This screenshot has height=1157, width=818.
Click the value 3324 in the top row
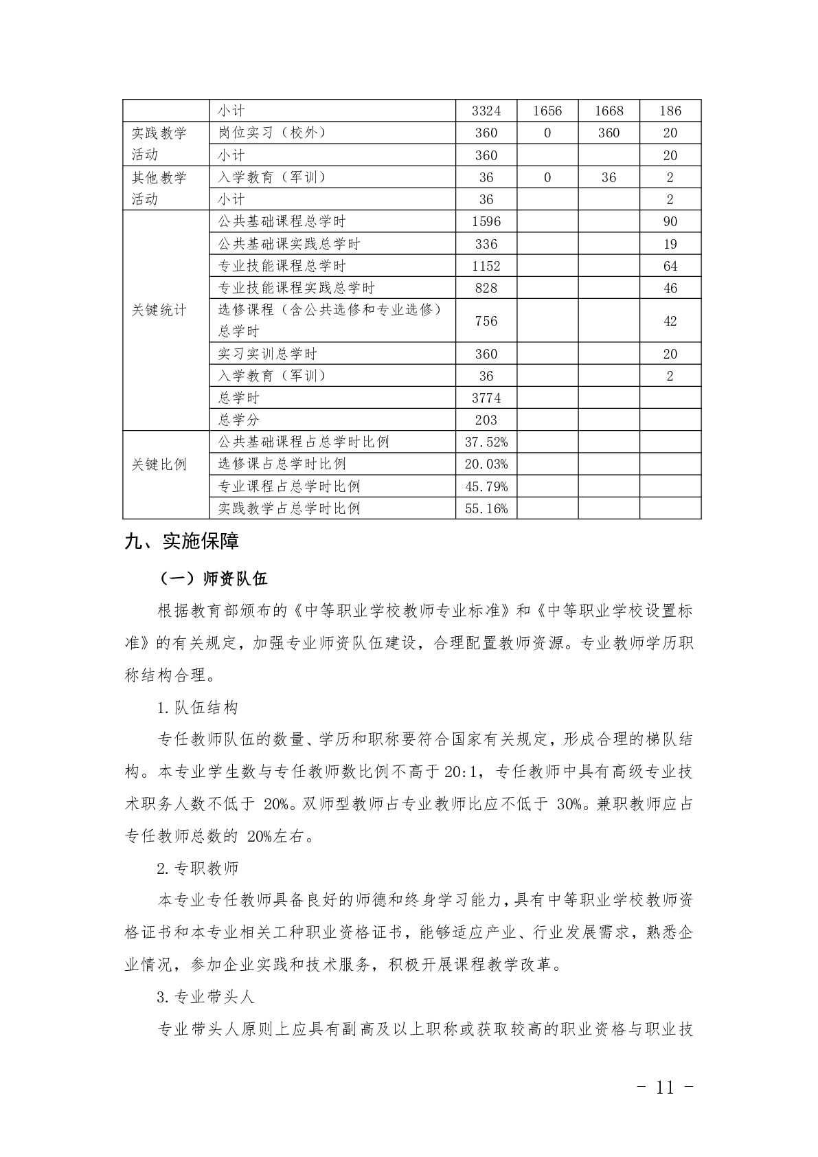point(486,111)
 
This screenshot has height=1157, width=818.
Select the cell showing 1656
point(547,111)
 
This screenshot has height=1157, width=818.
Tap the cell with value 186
point(670,111)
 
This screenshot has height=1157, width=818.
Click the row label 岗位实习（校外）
point(272,133)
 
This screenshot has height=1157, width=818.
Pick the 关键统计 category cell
point(159,310)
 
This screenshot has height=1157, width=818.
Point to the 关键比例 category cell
point(159,464)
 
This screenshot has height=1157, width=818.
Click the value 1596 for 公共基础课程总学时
point(486,221)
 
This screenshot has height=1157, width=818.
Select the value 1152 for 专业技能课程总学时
point(486,266)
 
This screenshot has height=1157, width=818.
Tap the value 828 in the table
point(486,288)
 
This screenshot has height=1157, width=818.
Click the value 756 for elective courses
point(486,321)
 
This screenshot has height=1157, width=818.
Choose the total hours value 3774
point(486,398)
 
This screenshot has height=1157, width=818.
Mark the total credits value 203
point(486,420)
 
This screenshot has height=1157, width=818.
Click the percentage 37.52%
point(486,442)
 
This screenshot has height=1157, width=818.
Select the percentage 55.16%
point(486,508)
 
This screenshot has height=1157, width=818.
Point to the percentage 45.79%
point(486,486)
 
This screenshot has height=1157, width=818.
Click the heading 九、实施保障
point(182,541)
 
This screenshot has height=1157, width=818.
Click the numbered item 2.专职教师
point(198,868)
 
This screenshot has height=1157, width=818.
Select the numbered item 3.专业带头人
point(206,997)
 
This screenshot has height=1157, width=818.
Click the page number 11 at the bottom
point(665,1087)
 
